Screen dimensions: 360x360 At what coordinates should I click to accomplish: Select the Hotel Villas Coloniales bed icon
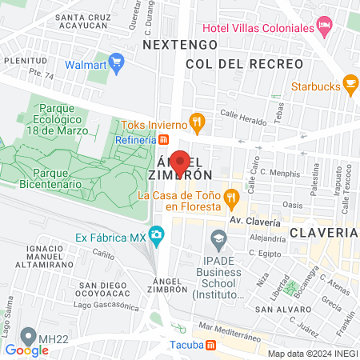pyautogui.click(x=325, y=27)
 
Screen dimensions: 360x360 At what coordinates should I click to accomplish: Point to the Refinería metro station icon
pyautogui.click(x=164, y=140)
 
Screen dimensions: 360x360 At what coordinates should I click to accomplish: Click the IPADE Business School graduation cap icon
pyautogui.click(x=218, y=238)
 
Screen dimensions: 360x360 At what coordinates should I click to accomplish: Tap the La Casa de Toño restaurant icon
pyautogui.click(x=231, y=195)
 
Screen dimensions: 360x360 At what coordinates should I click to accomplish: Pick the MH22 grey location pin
pyautogui.click(x=30, y=335)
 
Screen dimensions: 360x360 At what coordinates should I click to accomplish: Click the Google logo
pyautogui.click(x=26, y=350)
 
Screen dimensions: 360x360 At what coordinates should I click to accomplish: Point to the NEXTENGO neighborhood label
pyautogui.click(x=180, y=45)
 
